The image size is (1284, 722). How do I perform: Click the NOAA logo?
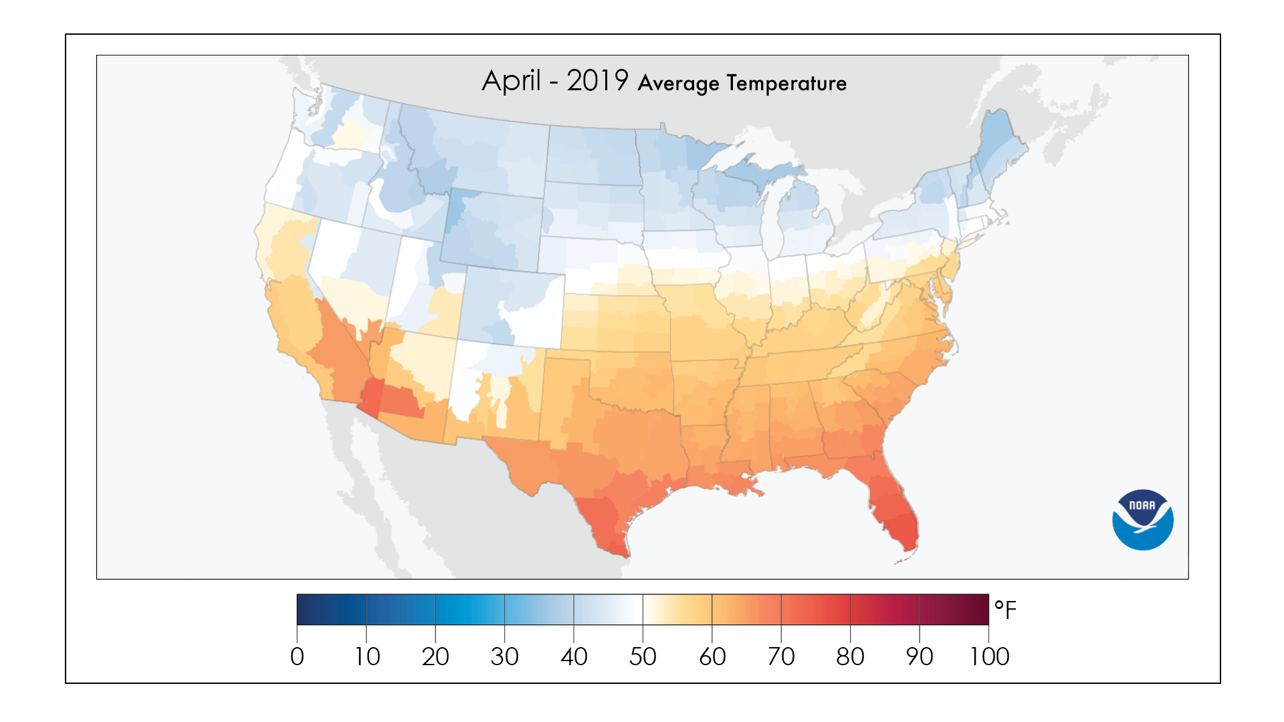[1142, 520]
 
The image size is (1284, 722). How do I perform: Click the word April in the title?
[511, 82]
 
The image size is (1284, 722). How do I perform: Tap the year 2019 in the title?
[597, 81]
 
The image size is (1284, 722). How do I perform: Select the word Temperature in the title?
[786, 84]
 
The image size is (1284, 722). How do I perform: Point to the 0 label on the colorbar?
[297, 656]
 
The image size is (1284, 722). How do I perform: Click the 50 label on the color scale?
[643, 656]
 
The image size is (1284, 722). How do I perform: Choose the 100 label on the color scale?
[989, 656]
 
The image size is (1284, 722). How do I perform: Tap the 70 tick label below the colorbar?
[781, 656]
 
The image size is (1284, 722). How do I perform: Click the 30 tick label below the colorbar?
[504, 656]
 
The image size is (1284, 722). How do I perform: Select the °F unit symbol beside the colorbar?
[1004, 610]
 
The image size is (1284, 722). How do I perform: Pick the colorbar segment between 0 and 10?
[332, 609]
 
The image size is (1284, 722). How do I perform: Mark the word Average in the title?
[678, 84]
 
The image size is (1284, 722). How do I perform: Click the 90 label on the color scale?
[920, 656]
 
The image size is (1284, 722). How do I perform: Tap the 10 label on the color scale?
[366, 656]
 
